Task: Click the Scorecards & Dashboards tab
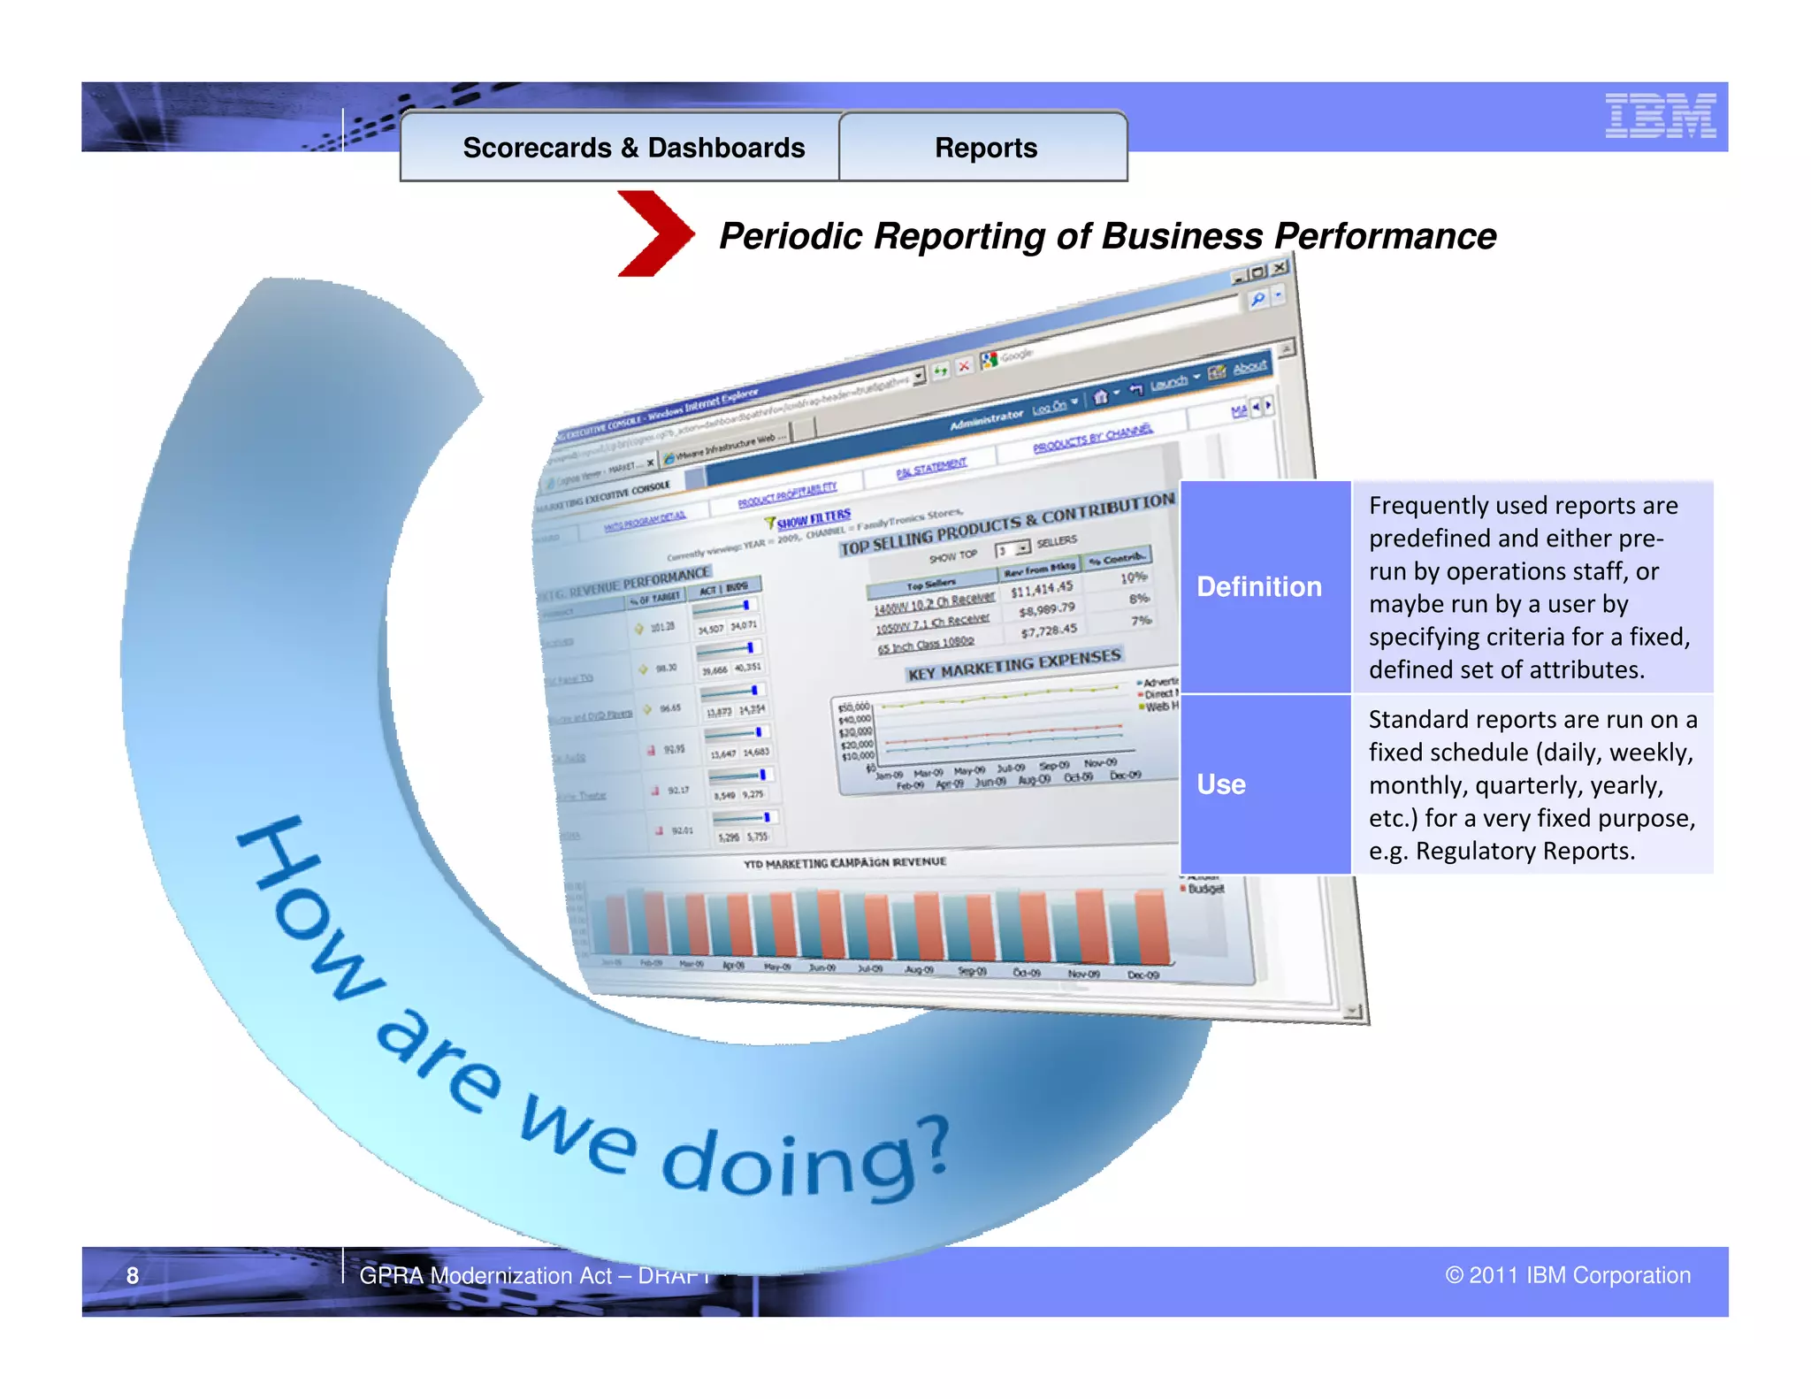pyautogui.click(x=633, y=148)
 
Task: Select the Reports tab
pyautogui.click(x=985, y=148)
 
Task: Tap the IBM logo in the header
pyautogui.click(x=1660, y=116)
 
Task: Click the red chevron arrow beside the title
pyautogui.click(x=654, y=233)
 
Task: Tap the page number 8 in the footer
pyautogui.click(x=133, y=1275)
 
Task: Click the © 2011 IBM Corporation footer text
pyautogui.click(x=1567, y=1275)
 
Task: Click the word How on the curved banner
pyautogui.click(x=309, y=911)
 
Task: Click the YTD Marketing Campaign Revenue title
pyautogui.click(x=844, y=862)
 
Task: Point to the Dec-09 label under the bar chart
pyautogui.click(x=1142, y=975)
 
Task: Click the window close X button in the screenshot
pyautogui.click(x=1280, y=268)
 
